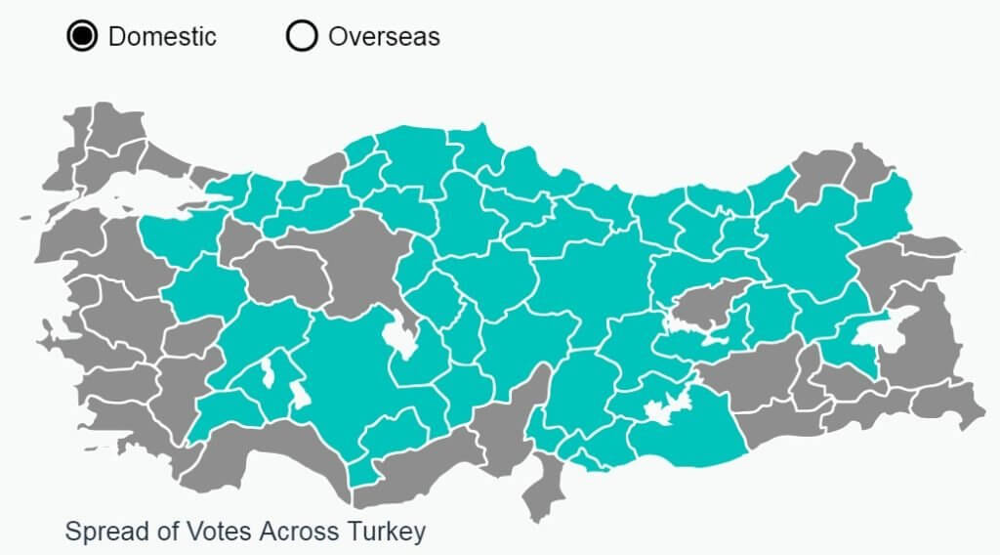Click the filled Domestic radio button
coord(82,37)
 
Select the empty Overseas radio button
coord(302,37)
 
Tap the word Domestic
coord(162,37)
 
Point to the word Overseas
coord(384,37)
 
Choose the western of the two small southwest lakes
coord(266,372)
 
